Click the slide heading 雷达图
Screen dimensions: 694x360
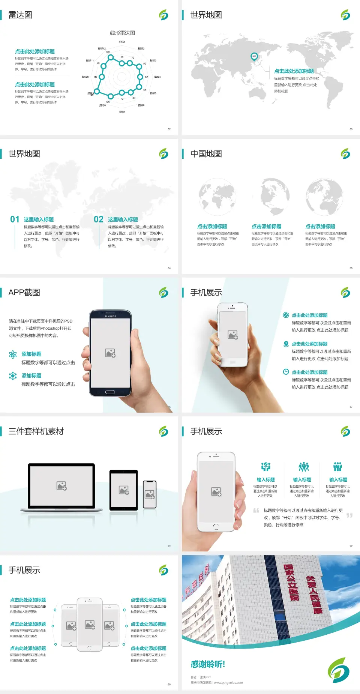click(x=20, y=15)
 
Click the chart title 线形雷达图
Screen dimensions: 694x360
click(x=122, y=33)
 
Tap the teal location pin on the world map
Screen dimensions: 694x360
click(x=254, y=57)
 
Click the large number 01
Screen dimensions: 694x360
click(x=15, y=219)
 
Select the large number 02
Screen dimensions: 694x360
click(x=99, y=219)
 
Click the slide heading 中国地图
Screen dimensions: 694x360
click(x=206, y=154)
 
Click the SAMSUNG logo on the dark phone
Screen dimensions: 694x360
click(x=110, y=316)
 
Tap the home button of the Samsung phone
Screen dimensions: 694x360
click(x=110, y=392)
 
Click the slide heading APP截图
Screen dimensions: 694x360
click(x=24, y=293)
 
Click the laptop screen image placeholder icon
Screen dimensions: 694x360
click(x=61, y=486)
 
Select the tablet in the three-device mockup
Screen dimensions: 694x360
click(x=124, y=490)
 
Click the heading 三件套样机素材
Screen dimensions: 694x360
click(x=36, y=431)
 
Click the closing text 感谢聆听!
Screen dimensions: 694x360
click(x=208, y=664)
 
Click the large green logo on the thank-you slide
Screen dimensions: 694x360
click(x=339, y=670)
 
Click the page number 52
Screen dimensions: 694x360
click(x=169, y=129)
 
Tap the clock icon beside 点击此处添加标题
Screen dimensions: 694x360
click(x=286, y=372)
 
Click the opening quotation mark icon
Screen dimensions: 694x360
click(x=256, y=511)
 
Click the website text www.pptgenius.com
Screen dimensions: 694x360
click(x=228, y=683)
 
